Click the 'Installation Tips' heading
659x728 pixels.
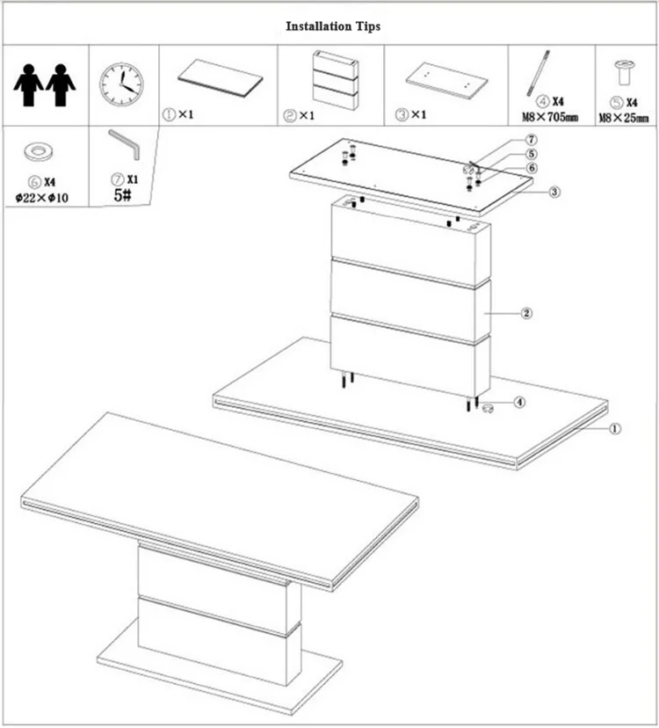(333, 26)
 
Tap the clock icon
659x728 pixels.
(121, 85)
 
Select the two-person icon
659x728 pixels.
(45, 85)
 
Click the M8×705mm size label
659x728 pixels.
(550, 117)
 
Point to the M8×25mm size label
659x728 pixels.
(623, 118)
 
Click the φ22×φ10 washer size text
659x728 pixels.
(42, 198)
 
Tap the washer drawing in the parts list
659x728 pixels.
(39, 152)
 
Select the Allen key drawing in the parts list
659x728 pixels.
(124, 144)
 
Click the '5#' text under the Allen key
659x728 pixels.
(122, 195)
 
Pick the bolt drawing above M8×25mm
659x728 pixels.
(624, 72)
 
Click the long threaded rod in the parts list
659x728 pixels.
(539, 73)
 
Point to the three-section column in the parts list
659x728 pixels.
(336, 80)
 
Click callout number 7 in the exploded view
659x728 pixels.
(532, 140)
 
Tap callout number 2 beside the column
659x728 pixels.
(526, 313)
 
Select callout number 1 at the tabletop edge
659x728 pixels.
(614, 428)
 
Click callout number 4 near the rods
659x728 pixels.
(520, 402)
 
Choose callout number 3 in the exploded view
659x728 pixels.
(554, 192)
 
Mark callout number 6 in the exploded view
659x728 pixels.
(532, 168)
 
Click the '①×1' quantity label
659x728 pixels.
(177, 114)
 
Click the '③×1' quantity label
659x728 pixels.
(410, 114)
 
